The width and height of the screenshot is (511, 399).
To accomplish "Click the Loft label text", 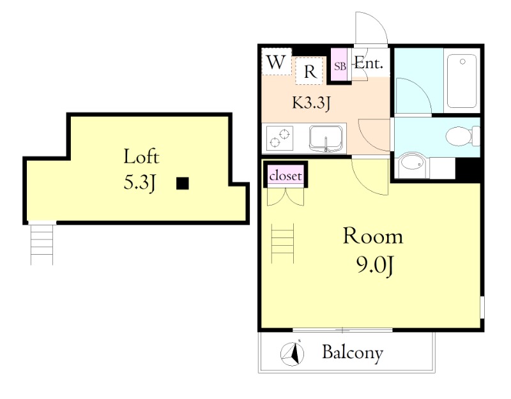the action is [x=141, y=156].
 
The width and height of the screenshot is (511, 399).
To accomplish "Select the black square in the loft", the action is [x=183, y=183].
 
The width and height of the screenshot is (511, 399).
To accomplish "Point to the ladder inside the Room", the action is [x=283, y=243].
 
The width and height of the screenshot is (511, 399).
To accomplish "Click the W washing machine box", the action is [x=277, y=61].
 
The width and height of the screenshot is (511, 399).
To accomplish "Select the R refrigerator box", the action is [x=310, y=71].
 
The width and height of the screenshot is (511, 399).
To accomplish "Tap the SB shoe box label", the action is [x=340, y=66].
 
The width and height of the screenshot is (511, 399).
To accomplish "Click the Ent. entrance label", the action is [x=369, y=63].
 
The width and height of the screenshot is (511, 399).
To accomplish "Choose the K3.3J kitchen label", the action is [x=311, y=103].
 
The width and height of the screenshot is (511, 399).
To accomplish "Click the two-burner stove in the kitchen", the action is [x=279, y=138].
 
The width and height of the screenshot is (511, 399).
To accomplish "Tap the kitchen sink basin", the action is [x=326, y=137].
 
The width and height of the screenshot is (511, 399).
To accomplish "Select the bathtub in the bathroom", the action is [x=462, y=81].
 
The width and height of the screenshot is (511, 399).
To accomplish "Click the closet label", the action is [x=286, y=176].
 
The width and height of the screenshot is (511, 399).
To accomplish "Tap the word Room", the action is [x=373, y=236].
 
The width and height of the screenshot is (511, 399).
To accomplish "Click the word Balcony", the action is [x=353, y=353].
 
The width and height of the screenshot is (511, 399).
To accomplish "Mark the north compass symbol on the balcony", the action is [x=293, y=354].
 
